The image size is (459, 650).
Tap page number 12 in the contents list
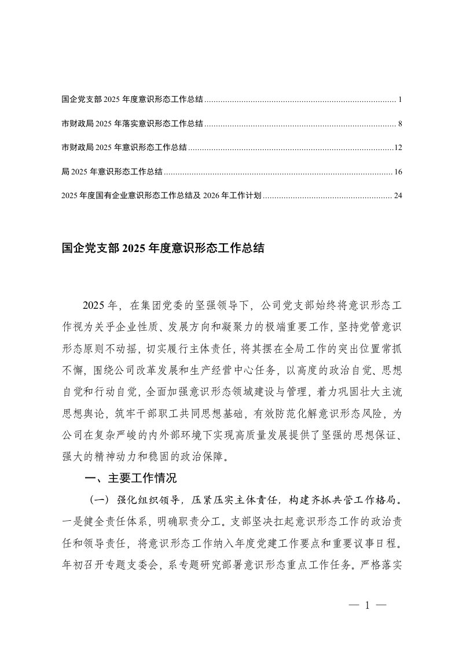[x=398, y=148]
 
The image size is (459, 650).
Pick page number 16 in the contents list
[x=398, y=172]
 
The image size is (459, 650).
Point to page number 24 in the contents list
[x=398, y=196]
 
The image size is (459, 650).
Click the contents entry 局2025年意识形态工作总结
[x=112, y=172]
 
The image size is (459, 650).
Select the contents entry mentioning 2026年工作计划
[x=162, y=196]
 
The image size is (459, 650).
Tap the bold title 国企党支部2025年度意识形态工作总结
[x=163, y=249]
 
